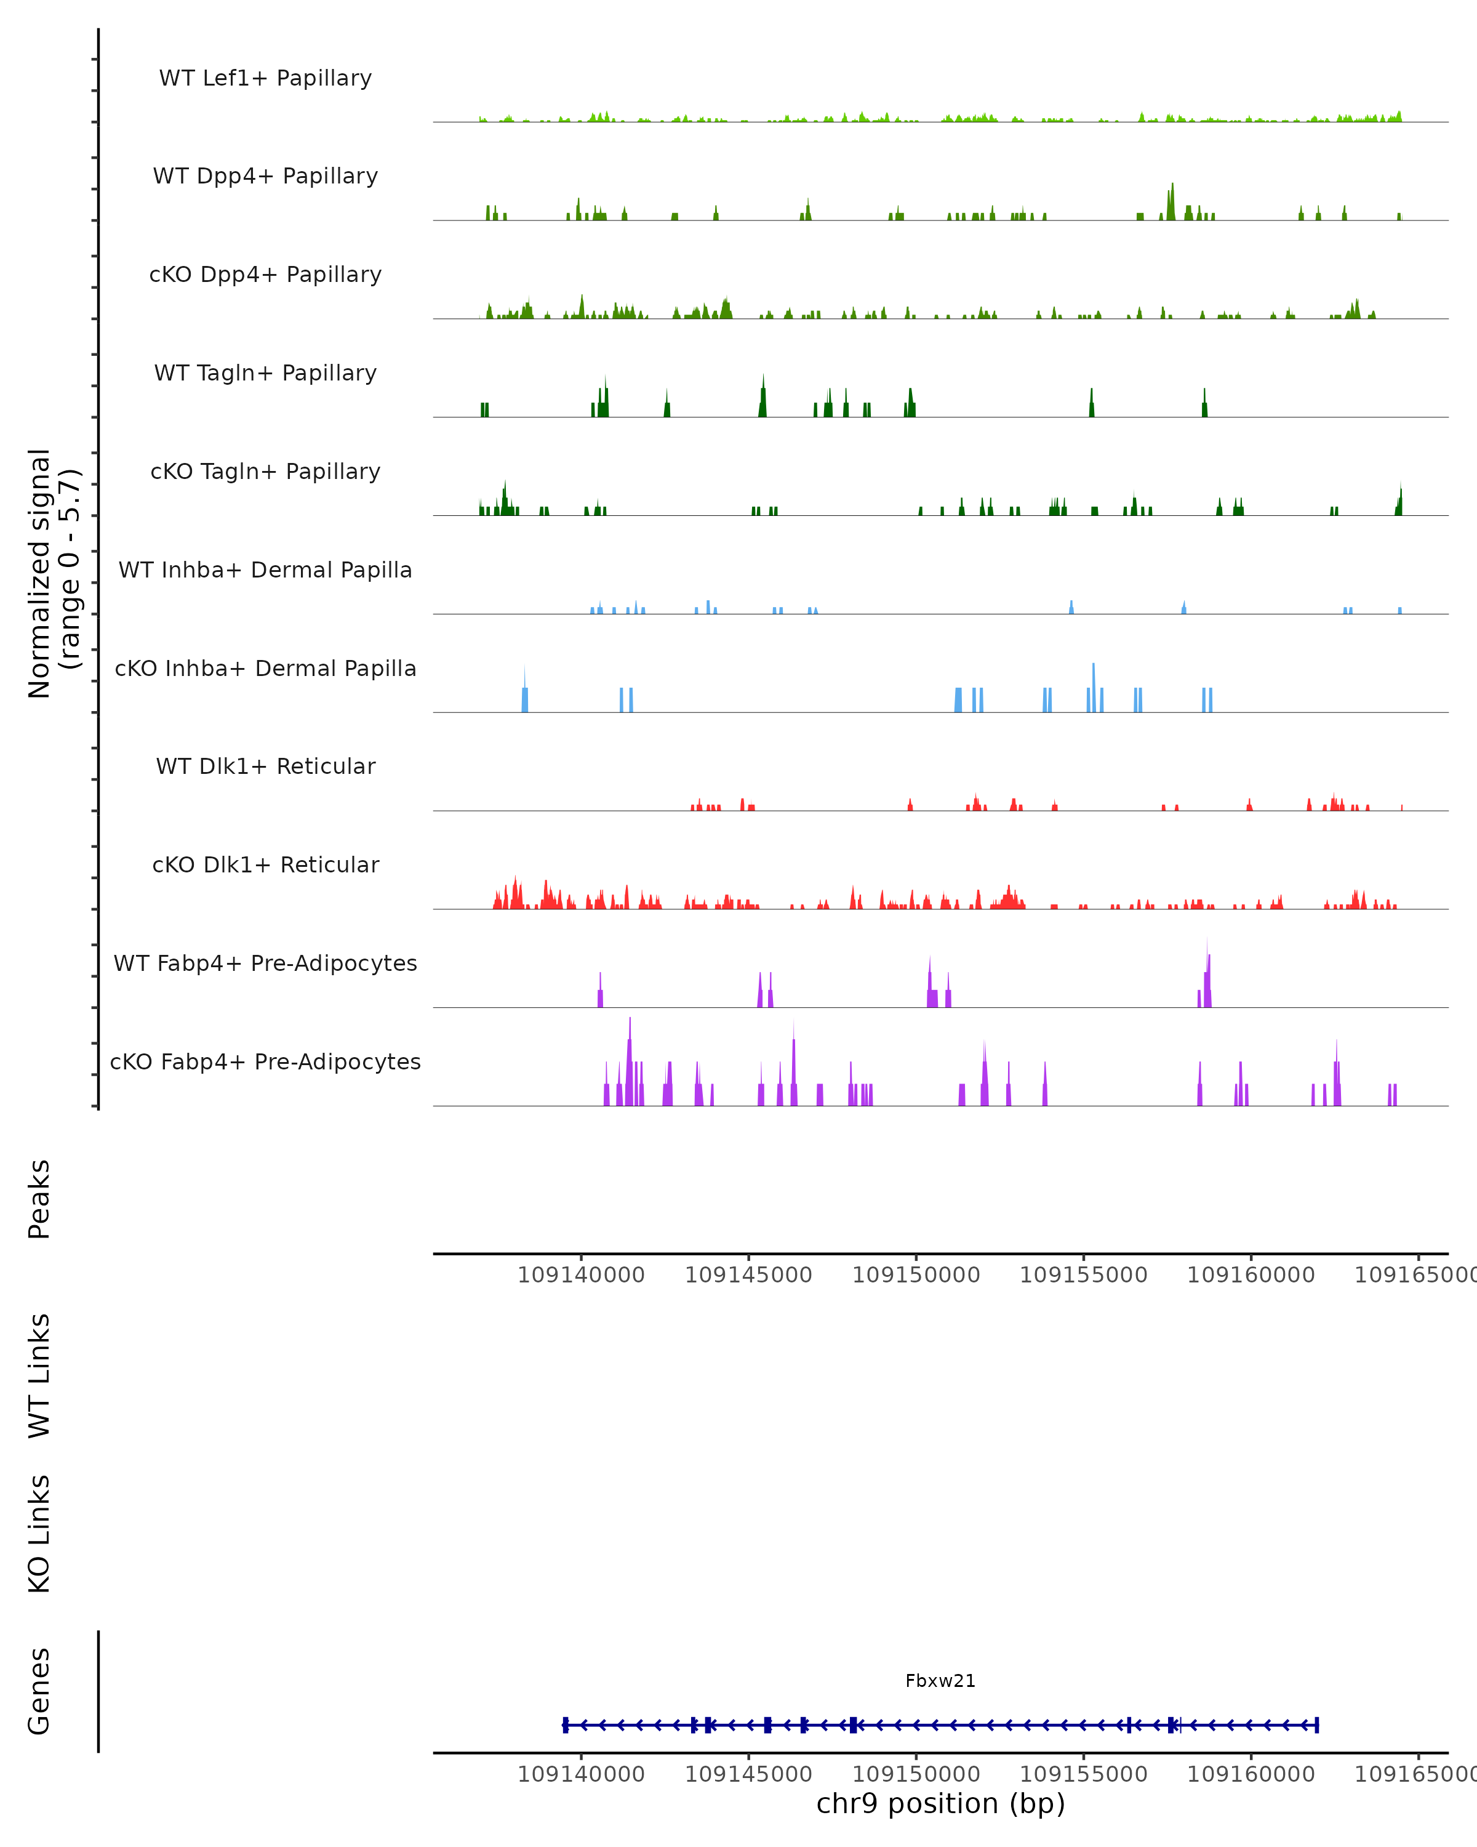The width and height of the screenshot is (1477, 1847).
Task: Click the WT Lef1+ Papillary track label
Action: [x=265, y=78]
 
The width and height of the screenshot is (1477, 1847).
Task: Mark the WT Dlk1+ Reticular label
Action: [x=265, y=766]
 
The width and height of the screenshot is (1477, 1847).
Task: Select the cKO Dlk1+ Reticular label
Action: [x=265, y=864]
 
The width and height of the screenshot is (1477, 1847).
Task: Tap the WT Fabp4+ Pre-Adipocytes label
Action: [x=265, y=963]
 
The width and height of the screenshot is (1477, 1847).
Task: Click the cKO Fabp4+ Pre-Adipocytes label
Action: [x=265, y=1061]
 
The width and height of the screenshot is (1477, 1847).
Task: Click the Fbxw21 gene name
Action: [x=940, y=1681]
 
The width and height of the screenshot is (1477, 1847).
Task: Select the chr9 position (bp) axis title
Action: [x=940, y=1803]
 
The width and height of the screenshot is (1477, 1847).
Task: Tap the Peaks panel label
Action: [x=39, y=1199]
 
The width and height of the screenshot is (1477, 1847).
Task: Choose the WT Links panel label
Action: [x=39, y=1375]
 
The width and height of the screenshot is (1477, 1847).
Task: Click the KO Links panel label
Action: [x=39, y=1534]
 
